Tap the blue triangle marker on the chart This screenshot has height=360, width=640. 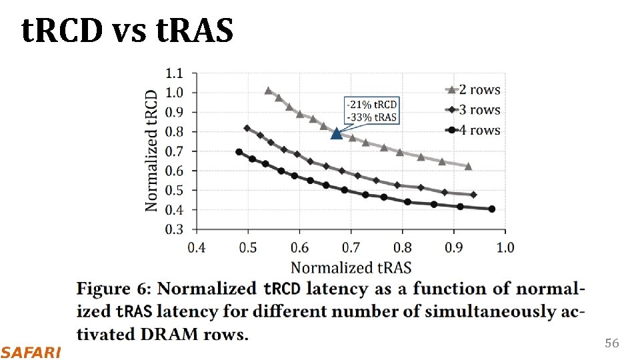[x=337, y=134]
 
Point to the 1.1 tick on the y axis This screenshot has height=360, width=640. [x=176, y=73]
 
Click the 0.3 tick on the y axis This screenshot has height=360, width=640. [x=176, y=229]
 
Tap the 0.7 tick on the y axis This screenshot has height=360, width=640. [x=176, y=151]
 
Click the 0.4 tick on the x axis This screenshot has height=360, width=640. [x=196, y=248]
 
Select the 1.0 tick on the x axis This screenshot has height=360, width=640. [x=505, y=248]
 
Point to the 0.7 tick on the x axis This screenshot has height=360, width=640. [x=351, y=248]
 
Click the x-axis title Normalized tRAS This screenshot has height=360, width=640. [x=351, y=268]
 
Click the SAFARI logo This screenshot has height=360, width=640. [x=31, y=351]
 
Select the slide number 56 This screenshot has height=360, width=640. [x=611, y=343]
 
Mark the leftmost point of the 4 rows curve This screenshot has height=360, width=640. [x=239, y=152]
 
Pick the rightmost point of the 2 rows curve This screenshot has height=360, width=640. [x=468, y=166]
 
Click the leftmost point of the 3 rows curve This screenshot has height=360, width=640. [x=247, y=128]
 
